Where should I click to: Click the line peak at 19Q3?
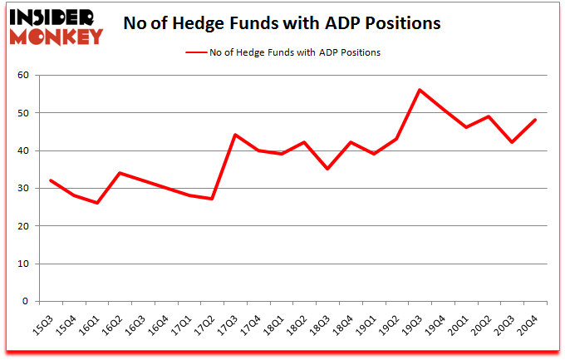click(x=420, y=90)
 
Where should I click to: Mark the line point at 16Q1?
click(x=97, y=203)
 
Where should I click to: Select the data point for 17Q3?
click(x=235, y=135)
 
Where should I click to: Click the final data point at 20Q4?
click(x=535, y=120)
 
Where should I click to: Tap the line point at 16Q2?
click(x=120, y=173)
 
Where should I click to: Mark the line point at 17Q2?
click(x=213, y=199)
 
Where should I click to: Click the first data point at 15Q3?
click(x=52, y=180)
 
